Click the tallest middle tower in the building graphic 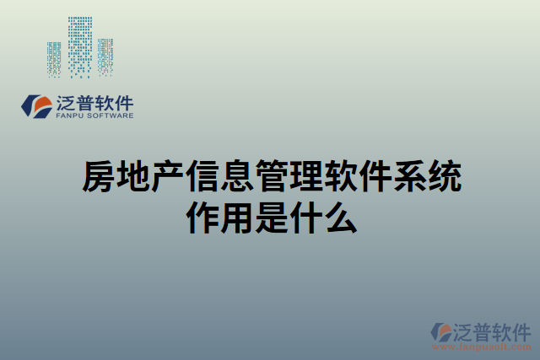(x=80, y=46)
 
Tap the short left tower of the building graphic (x=54, y=58)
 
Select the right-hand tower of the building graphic (x=105, y=57)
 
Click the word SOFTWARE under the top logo (x=108, y=116)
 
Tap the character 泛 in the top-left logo (x=67, y=104)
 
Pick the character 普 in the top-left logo (x=89, y=104)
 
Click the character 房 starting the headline (x=97, y=176)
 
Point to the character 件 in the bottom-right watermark (x=520, y=330)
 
